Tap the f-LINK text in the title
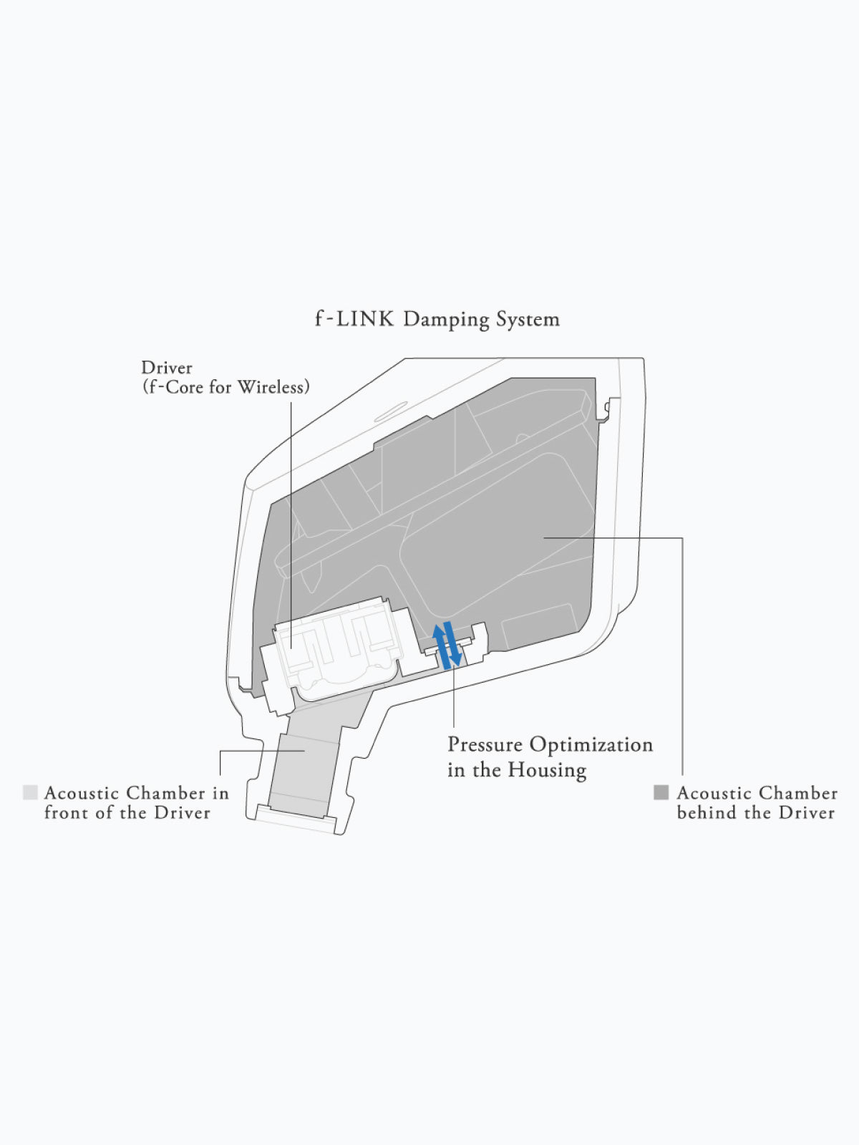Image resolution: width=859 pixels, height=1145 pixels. point(354,318)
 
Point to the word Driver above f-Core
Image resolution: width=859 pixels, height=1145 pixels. point(166,368)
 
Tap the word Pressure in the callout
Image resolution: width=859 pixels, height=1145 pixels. point(485,745)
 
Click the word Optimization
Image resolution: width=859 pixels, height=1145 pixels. point(591,746)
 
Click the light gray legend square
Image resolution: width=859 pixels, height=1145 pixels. point(30,792)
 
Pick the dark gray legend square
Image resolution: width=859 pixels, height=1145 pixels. point(661,792)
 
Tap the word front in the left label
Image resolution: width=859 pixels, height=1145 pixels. point(65,813)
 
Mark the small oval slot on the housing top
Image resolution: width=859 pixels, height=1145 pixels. point(391,411)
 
